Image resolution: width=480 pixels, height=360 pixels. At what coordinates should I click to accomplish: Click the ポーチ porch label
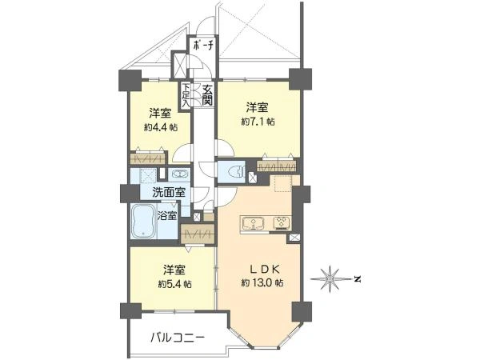tap(202, 46)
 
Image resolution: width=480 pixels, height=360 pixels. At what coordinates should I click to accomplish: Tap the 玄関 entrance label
tap(207, 94)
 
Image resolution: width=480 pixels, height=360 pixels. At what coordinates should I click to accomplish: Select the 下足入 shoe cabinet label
tap(186, 95)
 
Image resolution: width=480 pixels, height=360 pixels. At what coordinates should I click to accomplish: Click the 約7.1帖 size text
tap(258, 122)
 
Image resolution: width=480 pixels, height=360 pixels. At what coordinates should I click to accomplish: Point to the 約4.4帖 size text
tap(161, 127)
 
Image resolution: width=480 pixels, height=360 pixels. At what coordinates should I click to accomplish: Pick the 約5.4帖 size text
tap(174, 284)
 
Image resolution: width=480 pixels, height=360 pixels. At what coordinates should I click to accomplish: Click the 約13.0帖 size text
tap(262, 283)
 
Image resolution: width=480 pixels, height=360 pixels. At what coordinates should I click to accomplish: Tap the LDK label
tap(264, 270)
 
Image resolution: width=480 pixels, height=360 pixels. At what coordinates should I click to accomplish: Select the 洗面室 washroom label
tap(169, 192)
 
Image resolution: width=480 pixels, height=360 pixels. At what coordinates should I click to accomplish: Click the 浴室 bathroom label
tap(167, 215)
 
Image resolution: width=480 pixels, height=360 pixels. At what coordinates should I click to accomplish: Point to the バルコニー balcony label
tap(178, 338)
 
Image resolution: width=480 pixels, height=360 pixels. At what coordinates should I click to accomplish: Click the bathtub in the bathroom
tap(144, 221)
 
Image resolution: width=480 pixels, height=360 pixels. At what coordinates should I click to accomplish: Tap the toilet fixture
tap(236, 172)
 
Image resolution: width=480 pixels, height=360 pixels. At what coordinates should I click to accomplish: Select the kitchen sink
tap(253, 223)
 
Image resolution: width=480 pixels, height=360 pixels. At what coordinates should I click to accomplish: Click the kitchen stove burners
tap(282, 223)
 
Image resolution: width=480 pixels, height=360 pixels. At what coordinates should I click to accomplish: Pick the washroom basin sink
tap(178, 174)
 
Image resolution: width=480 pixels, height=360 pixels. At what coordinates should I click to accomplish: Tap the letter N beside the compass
tap(357, 279)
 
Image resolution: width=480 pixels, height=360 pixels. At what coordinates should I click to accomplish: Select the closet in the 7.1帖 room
tap(277, 166)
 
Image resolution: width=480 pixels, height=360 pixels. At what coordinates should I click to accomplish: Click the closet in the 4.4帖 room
tap(148, 158)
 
